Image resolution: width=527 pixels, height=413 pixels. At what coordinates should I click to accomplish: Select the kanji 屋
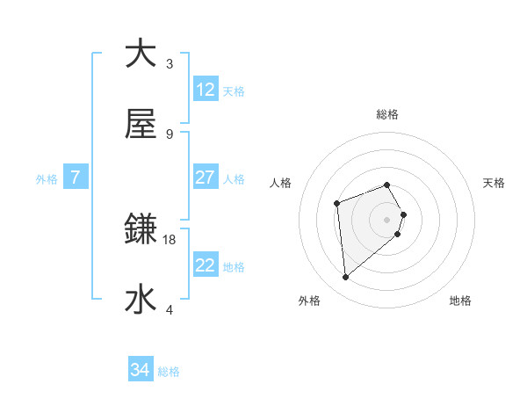[x=141, y=124]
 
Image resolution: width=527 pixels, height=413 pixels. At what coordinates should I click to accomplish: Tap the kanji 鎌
[x=141, y=229]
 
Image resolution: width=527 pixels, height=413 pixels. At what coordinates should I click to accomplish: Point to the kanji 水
[x=141, y=300]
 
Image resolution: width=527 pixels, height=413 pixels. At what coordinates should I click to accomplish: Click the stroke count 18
[x=170, y=239]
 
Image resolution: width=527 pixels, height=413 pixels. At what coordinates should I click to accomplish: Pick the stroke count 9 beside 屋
[x=170, y=134]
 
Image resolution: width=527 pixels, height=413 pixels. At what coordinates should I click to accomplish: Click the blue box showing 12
[x=206, y=90]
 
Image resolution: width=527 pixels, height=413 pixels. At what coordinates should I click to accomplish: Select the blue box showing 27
[x=206, y=178]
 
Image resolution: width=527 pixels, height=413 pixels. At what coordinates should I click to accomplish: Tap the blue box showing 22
[x=206, y=265]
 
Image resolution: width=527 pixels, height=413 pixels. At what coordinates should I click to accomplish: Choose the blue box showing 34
[x=141, y=371]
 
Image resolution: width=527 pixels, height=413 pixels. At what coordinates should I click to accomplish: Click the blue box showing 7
[x=76, y=178]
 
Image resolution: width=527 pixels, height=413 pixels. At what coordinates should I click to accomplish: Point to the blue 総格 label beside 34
[x=169, y=372]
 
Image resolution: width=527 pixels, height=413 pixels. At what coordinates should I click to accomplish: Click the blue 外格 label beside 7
[x=47, y=178]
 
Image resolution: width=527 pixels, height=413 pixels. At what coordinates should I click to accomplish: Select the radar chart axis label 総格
[x=387, y=114]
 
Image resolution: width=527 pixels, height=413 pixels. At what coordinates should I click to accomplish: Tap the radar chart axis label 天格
[x=495, y=183]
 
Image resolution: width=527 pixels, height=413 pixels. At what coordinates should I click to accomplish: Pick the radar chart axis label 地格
[x=460, y=301]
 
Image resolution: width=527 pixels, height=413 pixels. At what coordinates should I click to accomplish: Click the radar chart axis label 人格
[x=281, y=183]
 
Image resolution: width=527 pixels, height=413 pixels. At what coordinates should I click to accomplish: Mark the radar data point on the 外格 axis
[x=346, y=278]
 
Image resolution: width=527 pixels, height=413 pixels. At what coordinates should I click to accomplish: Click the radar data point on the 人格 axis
[x=337, y=204]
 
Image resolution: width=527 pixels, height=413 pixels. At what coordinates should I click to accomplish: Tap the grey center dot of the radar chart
[x=387, y=219]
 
